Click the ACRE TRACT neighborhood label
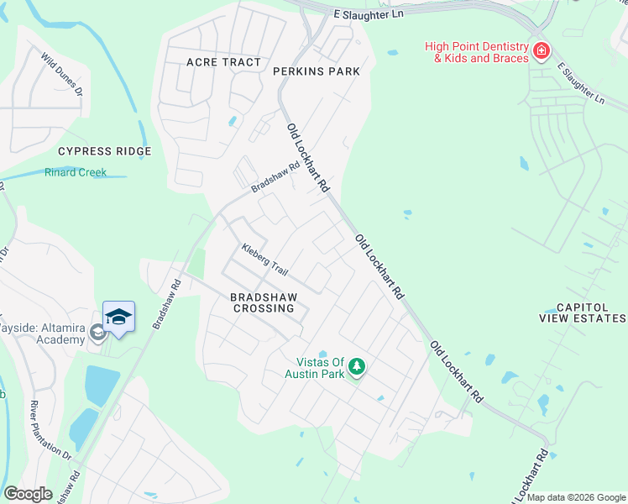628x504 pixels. coord(224,63)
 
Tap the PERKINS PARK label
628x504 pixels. coord(317,71)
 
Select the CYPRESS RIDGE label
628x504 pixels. coord(104,151)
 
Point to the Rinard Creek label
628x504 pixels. coord(76,173)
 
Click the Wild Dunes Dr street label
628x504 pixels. coord(62,74)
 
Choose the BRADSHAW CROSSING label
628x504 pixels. coord(264,302)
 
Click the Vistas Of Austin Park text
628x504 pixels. coord(315,368)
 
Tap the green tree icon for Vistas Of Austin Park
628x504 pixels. coord(357,368)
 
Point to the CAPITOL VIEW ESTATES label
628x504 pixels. coord(583,313)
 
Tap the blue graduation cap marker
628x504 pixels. coord(118,317)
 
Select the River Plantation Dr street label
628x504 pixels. coord(50,429)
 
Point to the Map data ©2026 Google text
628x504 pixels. coord(575,497)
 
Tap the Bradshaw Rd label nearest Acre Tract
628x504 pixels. coord(276,177)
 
